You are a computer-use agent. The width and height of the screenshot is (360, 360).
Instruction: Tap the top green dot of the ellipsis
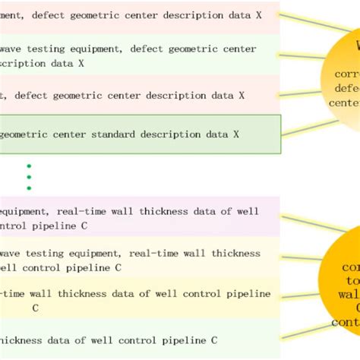click(29, 166)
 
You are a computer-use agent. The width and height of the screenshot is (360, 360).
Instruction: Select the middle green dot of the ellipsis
click(29, 177)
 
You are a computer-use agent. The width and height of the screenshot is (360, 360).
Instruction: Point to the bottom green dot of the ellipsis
click(29, 188)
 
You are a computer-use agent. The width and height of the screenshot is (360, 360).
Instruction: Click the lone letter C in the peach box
click(35, 308)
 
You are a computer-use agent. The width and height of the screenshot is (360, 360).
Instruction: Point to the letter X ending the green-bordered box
click(236, 134)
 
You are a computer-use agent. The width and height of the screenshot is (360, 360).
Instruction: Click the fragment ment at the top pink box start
click(13, 14)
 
